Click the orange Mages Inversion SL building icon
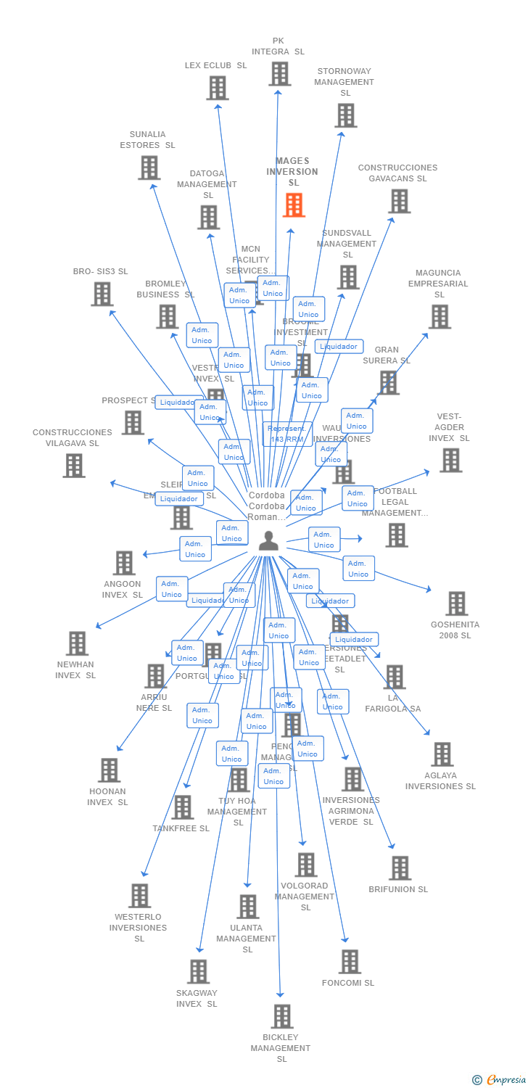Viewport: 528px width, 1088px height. pyautogui.click(x=294, y=205)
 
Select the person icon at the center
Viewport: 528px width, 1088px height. pyautogui.click(x=268, y=541)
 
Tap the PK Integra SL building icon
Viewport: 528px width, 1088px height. pyautogui.click(x=280, y=74)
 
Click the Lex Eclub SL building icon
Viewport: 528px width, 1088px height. pyautogui.click(x=218, y=88)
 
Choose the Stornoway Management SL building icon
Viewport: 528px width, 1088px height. pyautogui.click(x=345, y=115)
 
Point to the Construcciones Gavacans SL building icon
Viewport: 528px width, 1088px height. pyautogui.click(x=399, y=201)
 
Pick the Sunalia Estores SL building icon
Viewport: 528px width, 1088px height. pyautogui.click(x=149, y=168)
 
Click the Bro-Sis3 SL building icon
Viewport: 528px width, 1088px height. pyautogui.click(x=102, y=294)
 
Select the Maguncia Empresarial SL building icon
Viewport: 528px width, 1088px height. pyautogui.click(x=439, y=317)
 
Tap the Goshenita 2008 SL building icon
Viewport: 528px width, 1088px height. pyautogui.click(x=456, y=603)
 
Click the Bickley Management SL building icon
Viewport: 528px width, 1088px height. pyautogui.click(x=282, y=1016)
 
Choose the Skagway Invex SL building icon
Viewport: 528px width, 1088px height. pyautogui.click(x=198, y=971)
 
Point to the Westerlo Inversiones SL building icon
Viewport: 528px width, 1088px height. pyautogui.click(x=139, y=896)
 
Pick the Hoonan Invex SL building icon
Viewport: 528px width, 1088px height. pyautogui.click(x=109, y=770)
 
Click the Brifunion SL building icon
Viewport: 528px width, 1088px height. pyautogui.click(x=400, y=868)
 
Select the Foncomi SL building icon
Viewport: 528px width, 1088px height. pyautogui.click(x=350, y=962)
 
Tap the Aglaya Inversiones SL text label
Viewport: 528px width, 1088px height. pyautogui.click(x=440, y=781)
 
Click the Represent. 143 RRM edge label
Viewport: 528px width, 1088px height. pyautogui.click(x=287, y=434)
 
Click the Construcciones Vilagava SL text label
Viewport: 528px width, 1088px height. pyautogui.click(x=73, y=437)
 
